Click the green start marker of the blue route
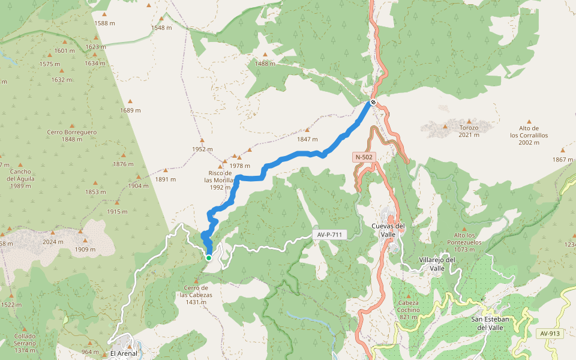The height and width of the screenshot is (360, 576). click(x=209, y=257)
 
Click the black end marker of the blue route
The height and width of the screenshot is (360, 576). click(x=373, y=102)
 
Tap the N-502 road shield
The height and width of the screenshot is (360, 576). click(x=364, y=157)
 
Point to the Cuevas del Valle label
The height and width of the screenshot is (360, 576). click(x=392, y=230)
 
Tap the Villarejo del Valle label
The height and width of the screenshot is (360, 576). click(x=437, y=263)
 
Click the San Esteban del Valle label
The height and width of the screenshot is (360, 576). click(x=490, y=323)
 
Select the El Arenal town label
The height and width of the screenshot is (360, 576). click(x=124, y=353)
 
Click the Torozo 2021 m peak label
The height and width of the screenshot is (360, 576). click(x=469, y=131)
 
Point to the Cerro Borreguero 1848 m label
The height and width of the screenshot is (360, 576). click(x=72, y=136)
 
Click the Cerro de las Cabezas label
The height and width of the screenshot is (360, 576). click(x=196, y=295)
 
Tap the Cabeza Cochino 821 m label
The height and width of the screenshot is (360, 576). click(x=408, y=310)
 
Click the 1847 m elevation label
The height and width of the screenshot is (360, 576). click(x=307, y=139)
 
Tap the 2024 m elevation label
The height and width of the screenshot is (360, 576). click(x=53, y=242)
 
